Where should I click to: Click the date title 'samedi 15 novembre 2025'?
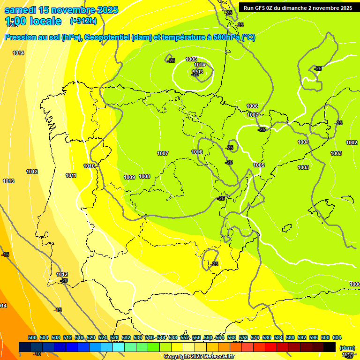pyautogui.click(x=61, y=10)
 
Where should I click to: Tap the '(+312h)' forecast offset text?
pyautogui.click(x=83, y=21)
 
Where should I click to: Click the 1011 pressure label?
pyautogui.click(x=71, y=176)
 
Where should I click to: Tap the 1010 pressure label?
pyautogui.click(x=89, y=166)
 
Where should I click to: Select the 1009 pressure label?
pyautogui.click(x=129, y=177)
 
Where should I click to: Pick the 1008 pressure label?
pyautogui.click(x=144, y=176)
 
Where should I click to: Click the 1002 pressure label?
pyautogui.click(x=352, y=142)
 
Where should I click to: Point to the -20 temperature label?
pyautogui.click(x=64, y=280)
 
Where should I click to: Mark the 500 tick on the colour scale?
pyautogui.click(x=32, y=338)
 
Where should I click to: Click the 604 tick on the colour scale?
pyautogui.click(x=337, y=338)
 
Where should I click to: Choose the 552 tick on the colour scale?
pyautogui.click(x=185, y=338)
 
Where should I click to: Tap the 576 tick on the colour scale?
pyautogui.click(x=255, y=338)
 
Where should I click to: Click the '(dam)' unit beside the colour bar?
pyautogui.click(x=347, y=348)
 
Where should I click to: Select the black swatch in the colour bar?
pyautogui.click(x=330, y=347)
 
